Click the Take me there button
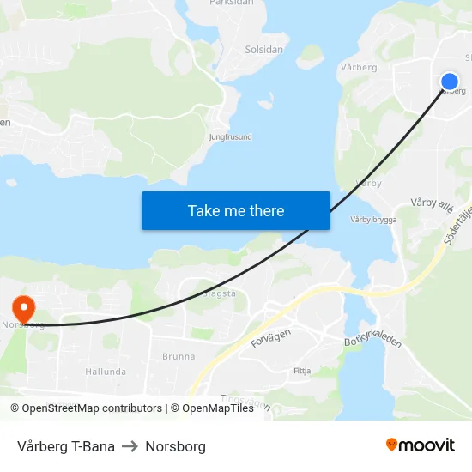[x=236, y=210]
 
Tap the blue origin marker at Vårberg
[x=449, y=82]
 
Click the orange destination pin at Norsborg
[x=23, y=308]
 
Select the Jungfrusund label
[x=231, y=136]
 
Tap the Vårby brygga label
[x=373, y=220]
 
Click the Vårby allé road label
[x=431, y=203]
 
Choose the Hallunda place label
[x=106, y=372]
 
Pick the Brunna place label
[x=179, y=356]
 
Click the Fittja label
[x=302, y=372]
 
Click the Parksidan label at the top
[x=231, y=3]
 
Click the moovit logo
[x=421, y=445]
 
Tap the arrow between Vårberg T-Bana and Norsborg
[x=130, y=446]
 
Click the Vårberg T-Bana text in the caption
[x=66, y=446]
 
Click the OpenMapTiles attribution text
[x=218, y=408]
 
